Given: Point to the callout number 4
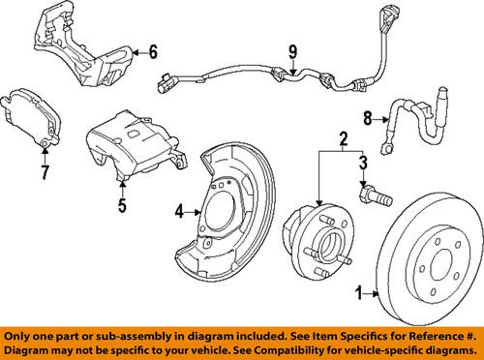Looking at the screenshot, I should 179,210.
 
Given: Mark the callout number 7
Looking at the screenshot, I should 45,174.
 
